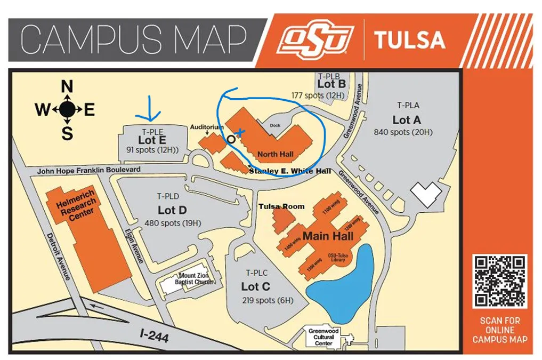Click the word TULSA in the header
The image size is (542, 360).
(409, 41)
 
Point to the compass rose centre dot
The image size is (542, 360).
(67, 110)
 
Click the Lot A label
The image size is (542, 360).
(407, 120)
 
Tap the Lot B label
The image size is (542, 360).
(331, 84)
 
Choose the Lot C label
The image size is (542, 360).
(255, 286)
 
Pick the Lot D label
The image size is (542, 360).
(172, 210)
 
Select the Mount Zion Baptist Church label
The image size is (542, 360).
(194, 279)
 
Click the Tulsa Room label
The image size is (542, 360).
(281, 206)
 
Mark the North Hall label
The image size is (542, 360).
(275, 155)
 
